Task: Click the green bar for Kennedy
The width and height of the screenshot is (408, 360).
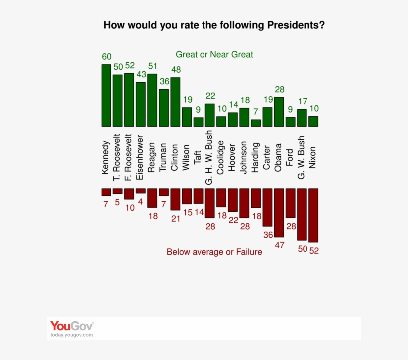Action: [106, 96]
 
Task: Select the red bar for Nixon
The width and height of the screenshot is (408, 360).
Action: [313, 215]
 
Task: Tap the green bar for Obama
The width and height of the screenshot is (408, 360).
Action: [279, 112]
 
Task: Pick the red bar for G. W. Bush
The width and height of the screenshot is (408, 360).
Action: [302, 214]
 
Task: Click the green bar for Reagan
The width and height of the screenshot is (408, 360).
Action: [152, 101]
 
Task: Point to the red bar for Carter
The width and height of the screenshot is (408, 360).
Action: [268, 207]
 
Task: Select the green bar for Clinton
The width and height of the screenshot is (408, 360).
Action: [175, 102]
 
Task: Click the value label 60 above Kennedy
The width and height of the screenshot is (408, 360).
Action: [107, 56]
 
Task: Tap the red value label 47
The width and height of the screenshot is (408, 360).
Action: [280, 245]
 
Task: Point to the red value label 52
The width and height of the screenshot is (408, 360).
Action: [314, 251]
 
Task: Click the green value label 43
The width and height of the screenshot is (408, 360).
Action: [141, 74]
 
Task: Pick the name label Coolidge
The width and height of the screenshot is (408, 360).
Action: [221, 157]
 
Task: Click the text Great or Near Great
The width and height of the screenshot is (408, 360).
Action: [214, 55]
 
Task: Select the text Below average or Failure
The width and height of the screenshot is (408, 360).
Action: [214, 252]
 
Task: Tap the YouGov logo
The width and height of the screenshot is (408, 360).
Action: [72, 326]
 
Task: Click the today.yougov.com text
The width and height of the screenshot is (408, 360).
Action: [71, 335]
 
